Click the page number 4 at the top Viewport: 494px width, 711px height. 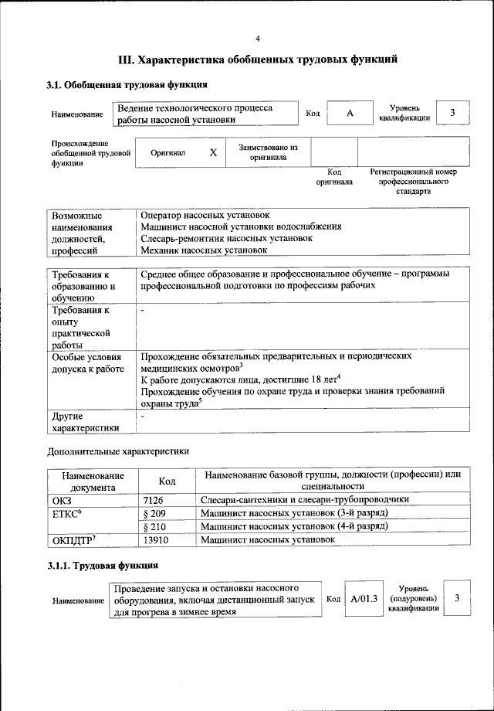click(258, 39)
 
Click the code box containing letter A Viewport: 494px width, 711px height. click(350, 113)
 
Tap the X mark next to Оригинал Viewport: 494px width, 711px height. click(213, 152)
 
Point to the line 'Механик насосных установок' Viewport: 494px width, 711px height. click(204, 250)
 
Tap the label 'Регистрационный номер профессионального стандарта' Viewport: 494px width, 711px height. click(414, 181)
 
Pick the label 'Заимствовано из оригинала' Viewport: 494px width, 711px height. click(268, 151)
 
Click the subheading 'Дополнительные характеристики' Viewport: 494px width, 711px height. click(118, 451)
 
